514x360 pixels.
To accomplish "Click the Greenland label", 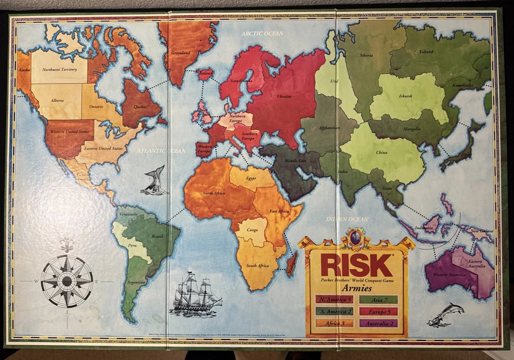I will (x=180, y=53).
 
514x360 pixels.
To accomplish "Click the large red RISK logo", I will (x=357, y=265).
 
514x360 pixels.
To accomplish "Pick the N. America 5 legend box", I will (x=334, y=299).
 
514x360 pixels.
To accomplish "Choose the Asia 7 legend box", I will (x=378, y=299).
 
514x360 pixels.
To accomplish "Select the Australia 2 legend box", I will (x=378, y=323).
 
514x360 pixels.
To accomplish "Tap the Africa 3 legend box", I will (x=334, y=323).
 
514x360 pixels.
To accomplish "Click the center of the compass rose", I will (x=67, y=280).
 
